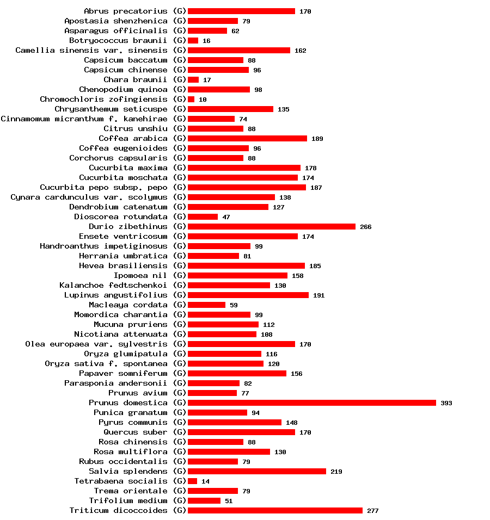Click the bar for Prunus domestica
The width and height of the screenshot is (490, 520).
click(311, 403)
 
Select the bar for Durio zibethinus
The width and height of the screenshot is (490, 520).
click(271, 227)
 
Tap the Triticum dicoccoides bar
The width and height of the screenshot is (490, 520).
click(275, 511)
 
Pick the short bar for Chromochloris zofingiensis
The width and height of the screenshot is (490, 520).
click(191, 100)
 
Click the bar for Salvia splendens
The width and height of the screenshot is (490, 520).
click(256, 472)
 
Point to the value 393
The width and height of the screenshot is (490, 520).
click(446, 403)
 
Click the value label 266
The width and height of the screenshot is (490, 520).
click(366, 227)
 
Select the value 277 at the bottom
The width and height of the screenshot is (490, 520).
click(372, 511)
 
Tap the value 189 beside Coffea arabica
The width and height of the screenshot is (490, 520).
click(317, 139)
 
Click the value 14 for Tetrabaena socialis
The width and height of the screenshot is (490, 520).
click(205, 481)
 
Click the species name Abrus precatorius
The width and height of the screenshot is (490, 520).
click(126, 11)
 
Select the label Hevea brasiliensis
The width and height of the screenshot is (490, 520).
click(123, 266)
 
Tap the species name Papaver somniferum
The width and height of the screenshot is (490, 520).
click(123, 374)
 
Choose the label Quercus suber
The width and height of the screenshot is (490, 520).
click(136, 432)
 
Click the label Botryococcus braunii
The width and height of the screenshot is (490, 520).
click(118, 41)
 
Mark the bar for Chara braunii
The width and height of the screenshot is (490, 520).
click(193, 80)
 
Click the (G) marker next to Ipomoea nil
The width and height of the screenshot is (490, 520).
click(180, 276)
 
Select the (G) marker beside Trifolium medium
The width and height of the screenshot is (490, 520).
click(180, 501)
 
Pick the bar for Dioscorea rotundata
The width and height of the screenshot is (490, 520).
click(203, 217)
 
